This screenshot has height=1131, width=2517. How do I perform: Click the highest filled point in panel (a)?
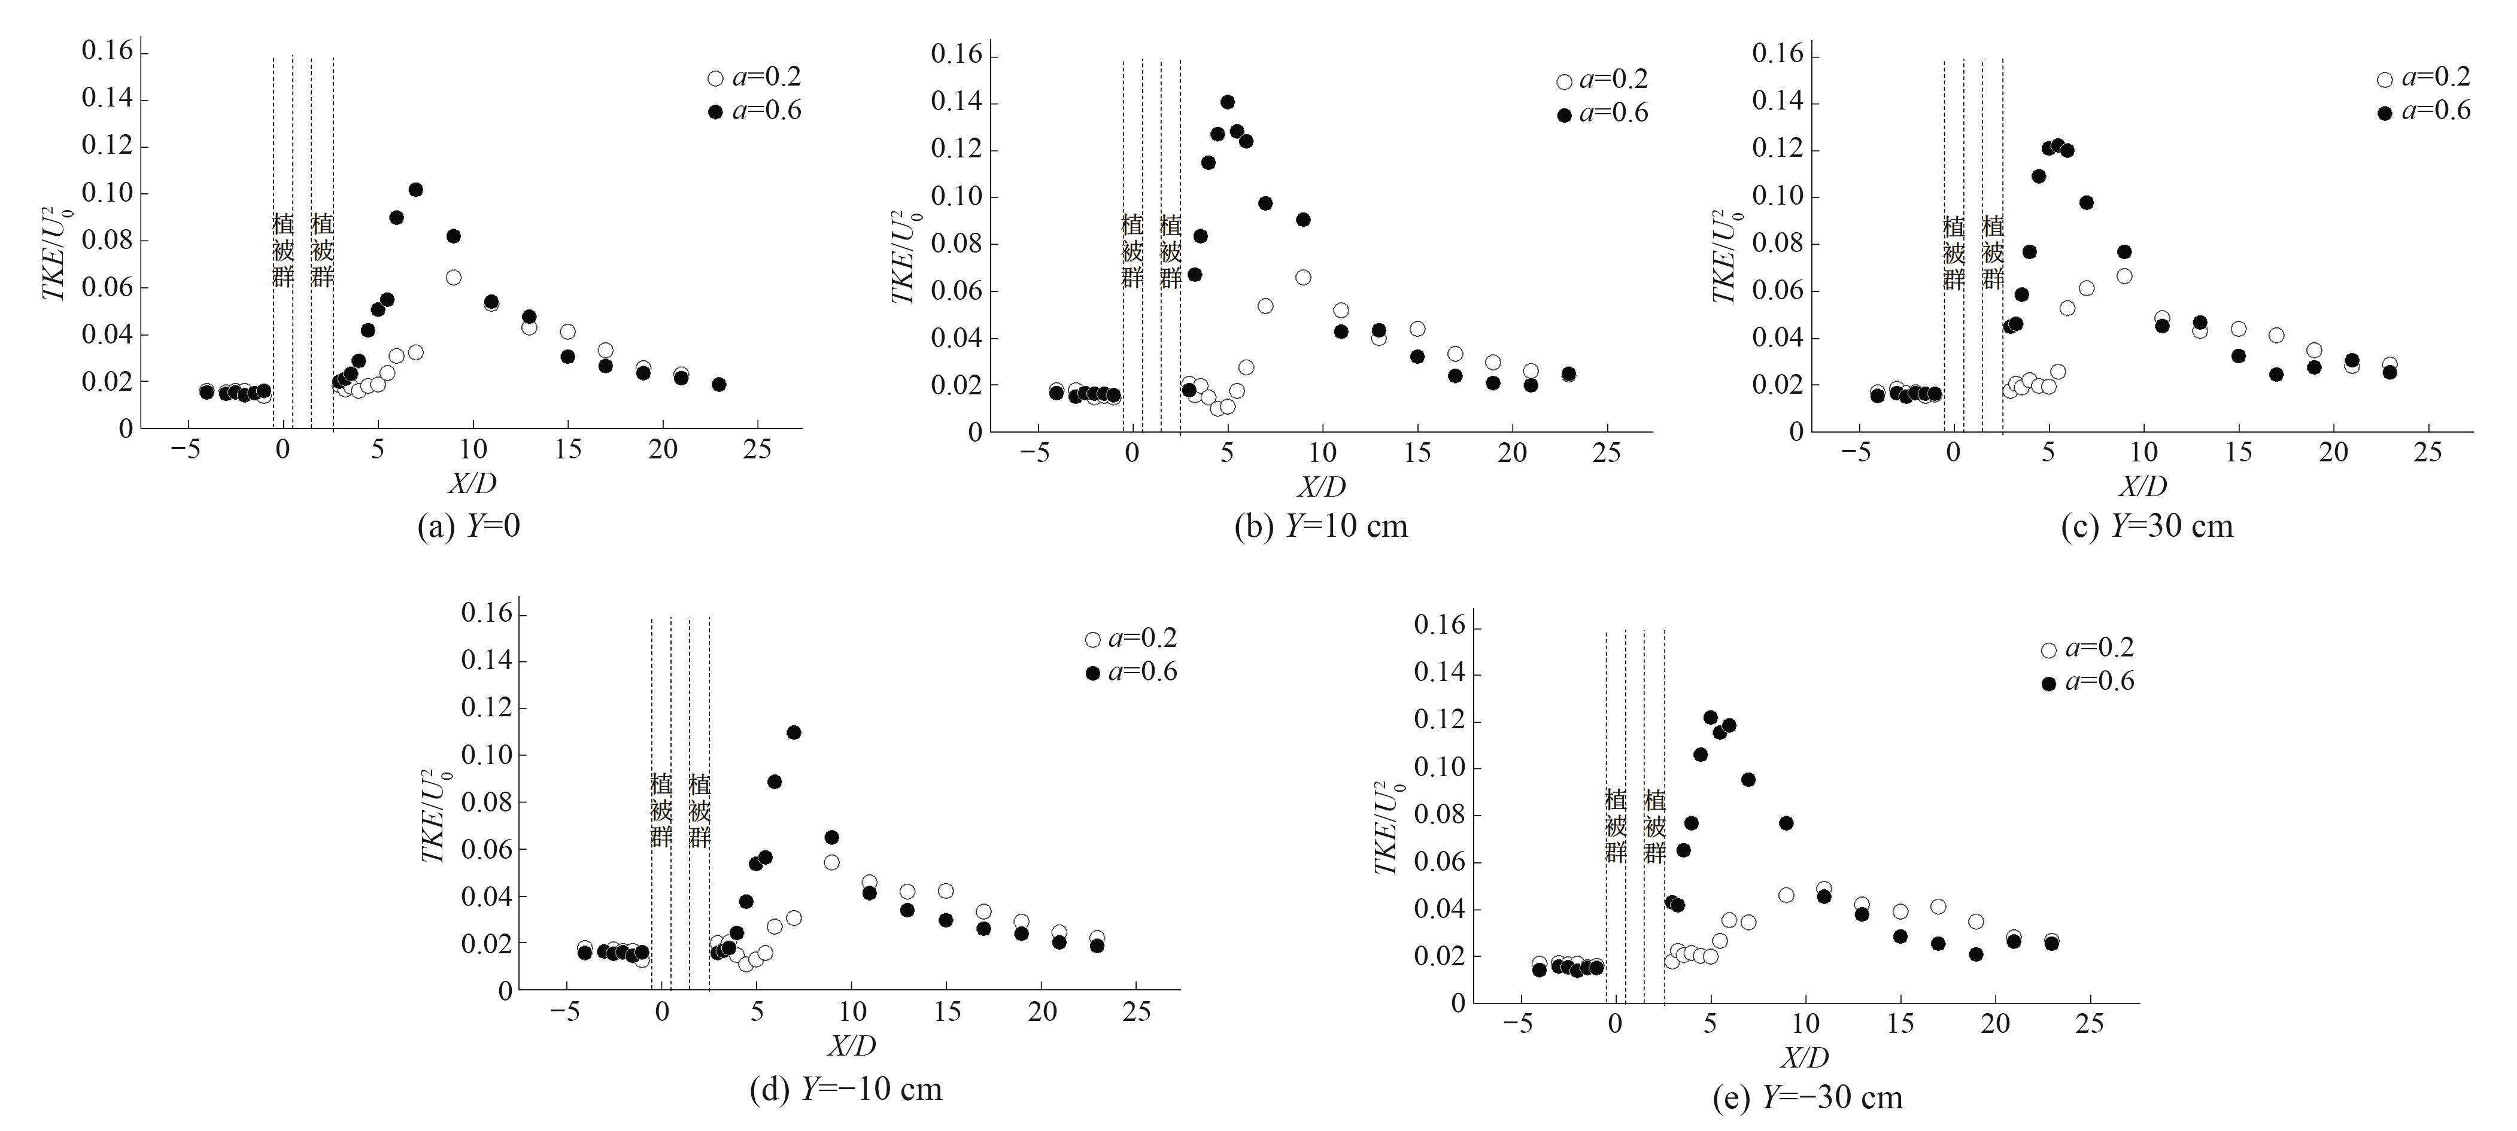point(415,190)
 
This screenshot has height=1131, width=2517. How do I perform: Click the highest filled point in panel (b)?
point(1227,102)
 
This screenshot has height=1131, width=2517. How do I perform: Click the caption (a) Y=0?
point(469,527)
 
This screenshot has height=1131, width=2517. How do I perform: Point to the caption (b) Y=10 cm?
point(1321,527)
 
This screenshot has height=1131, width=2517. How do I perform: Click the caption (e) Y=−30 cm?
point(1808,1098)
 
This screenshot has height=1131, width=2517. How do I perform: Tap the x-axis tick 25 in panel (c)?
point(2427,452)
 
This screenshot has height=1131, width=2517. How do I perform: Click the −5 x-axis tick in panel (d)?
point(565,1012)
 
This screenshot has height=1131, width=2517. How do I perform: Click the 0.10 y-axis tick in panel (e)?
point(1440,768)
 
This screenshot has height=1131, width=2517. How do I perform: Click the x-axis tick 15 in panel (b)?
point(1417,453)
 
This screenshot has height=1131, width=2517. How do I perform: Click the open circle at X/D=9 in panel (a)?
point(453,278)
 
